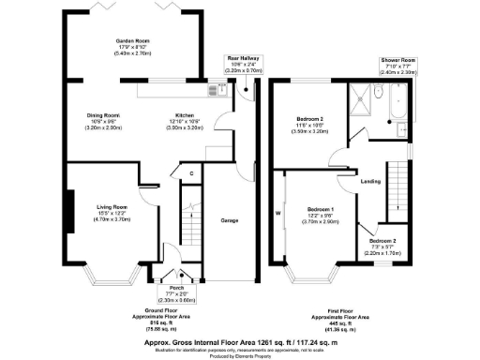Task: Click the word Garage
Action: coord(227,220)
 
